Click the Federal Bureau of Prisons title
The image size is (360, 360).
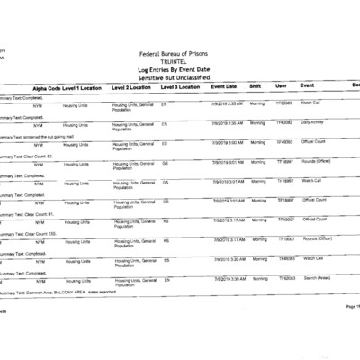(180, 54)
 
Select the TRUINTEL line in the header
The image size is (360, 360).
(180, 61)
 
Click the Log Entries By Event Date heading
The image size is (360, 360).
(180, 69)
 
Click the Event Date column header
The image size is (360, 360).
(224, 87)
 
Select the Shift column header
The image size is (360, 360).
(256, 87)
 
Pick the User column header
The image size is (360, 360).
(281, 87)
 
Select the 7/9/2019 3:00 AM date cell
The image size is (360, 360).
(228, 142)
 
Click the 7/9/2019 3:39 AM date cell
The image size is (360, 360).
(229, 280)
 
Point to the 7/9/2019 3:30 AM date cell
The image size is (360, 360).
(229, 259)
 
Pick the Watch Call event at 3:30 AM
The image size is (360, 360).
(313, 259)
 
